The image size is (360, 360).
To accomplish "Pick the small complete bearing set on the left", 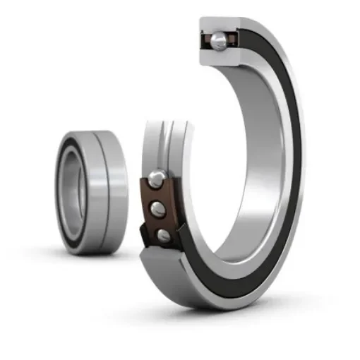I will (92, 191).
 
